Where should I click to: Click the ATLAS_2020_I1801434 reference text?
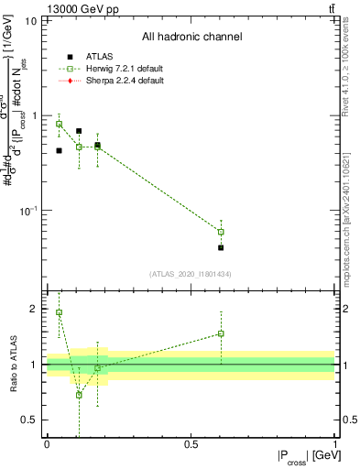tap(191, 274)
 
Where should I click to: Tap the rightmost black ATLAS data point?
tap(221, 247)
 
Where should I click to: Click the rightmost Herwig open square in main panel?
tap(221, 232)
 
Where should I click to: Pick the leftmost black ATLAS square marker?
tap(60, 150)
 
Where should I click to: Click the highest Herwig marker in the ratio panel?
tap(60, 312)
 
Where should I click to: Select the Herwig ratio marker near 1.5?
tap(221, 333)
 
